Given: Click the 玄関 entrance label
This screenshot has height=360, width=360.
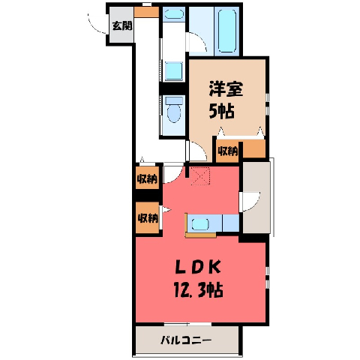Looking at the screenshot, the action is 122,25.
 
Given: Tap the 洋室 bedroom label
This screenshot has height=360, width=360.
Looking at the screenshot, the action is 226,89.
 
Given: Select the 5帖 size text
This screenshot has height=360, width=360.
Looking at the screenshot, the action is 221,111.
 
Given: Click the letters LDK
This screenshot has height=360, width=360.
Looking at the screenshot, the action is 198,267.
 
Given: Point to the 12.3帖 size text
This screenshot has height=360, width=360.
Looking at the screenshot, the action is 198,290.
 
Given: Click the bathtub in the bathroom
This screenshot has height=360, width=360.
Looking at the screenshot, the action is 227,31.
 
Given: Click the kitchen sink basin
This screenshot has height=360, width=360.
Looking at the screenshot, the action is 199,224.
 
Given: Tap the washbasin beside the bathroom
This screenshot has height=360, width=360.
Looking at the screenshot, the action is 174,14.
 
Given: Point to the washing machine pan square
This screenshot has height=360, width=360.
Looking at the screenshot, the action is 174,71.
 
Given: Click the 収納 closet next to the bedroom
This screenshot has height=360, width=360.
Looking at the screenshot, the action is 227,151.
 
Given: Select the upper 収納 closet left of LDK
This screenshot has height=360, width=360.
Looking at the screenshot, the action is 147,178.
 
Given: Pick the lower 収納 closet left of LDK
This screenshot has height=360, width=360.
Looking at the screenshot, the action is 148,218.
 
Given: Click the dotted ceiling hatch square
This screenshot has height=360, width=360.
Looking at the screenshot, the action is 200,176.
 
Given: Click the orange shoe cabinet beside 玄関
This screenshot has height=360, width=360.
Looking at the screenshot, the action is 146,12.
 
